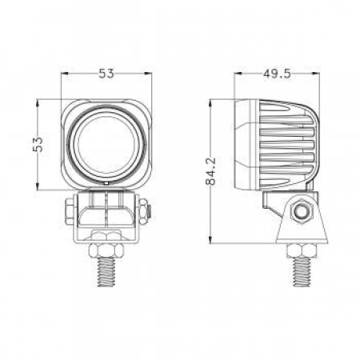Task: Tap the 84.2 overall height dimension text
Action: click(210, 170)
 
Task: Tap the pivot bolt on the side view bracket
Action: click(301, 210)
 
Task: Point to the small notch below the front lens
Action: click(106, 183)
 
